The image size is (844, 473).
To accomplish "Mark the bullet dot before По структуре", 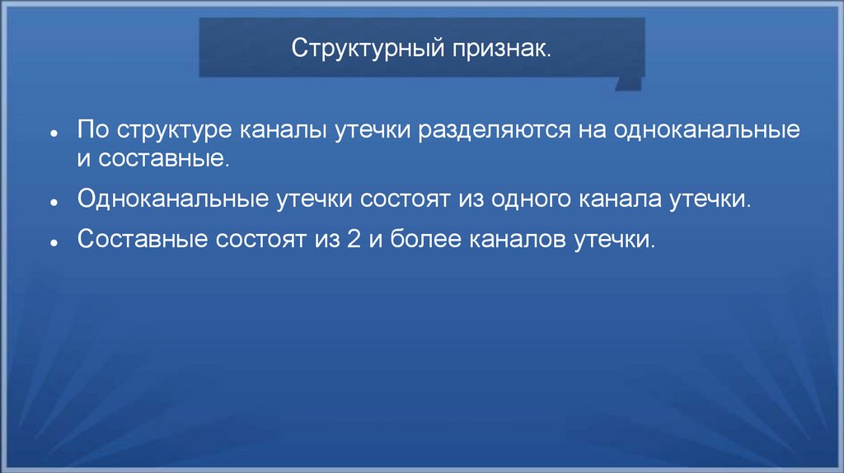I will (x=52, y=133).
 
